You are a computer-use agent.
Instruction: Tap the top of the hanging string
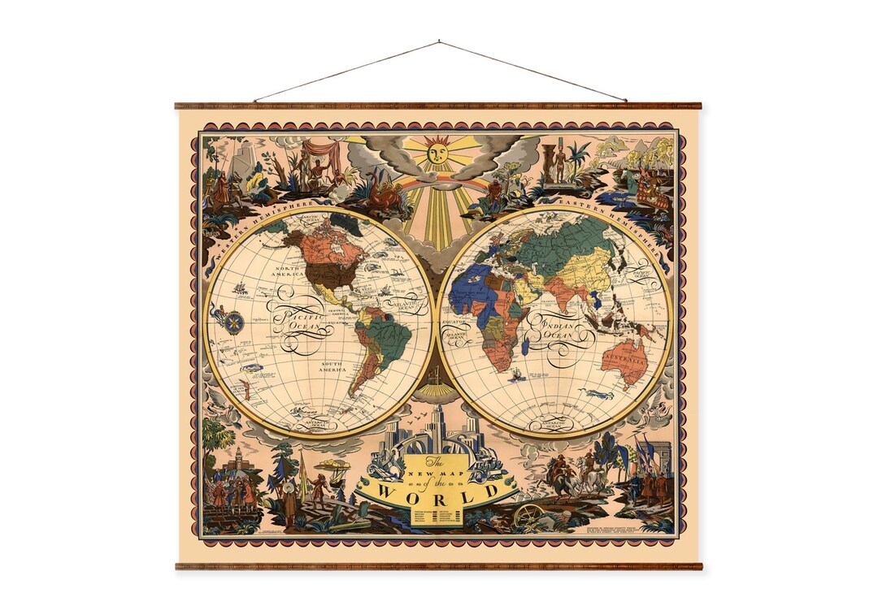pyautogui.click(x=439, y=41)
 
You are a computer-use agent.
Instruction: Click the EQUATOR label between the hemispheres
pyautogui.click(x=453, y=321)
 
